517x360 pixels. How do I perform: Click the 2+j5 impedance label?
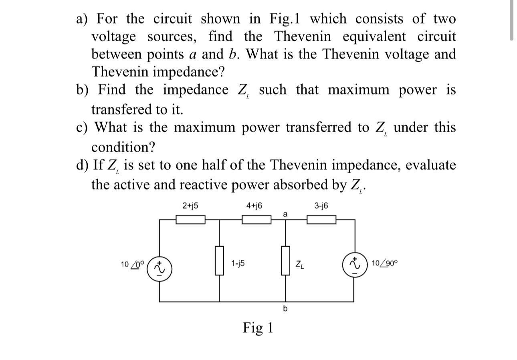(x=190, y=206)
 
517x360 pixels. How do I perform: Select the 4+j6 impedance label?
(x=254, y=206)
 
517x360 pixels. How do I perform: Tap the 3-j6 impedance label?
(x=321, y=206)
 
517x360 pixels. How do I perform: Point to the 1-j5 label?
(x=238, y=263)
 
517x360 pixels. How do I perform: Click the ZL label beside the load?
(x=299, y=265)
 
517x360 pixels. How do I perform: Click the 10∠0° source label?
(x=131, y=264)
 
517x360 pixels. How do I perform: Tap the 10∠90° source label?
(x=385, y=263)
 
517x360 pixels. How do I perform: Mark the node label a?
(x=285, y=215)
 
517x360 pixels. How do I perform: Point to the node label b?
(x=285, y=309)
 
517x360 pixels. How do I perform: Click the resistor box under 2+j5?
(x=191, y=219)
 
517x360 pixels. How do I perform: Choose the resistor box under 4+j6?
(x=256, y=219)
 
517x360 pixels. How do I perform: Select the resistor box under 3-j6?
(x=321, y=219)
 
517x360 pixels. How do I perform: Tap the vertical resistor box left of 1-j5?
(x=219, y=261)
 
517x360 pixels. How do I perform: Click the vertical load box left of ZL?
(x=285, y=261)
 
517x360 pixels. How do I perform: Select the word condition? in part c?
(x=123, y=147)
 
